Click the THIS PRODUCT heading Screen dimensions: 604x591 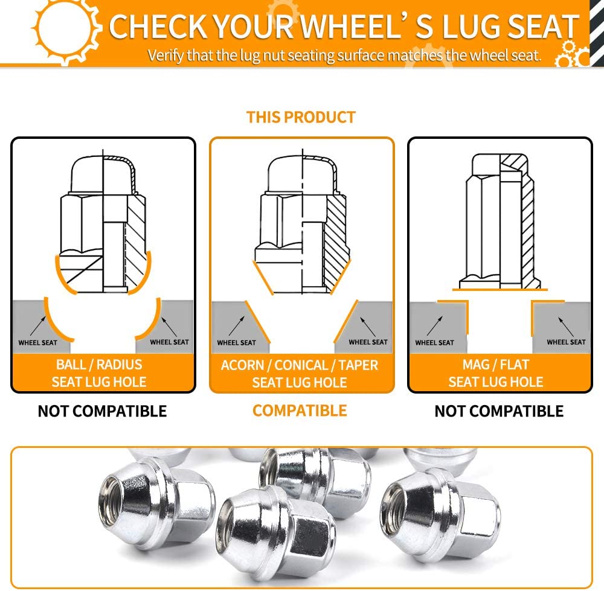coord(301,117)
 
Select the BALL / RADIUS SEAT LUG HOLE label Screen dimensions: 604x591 coord(99,373)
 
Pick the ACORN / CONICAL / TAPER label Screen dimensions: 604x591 coord(300,365)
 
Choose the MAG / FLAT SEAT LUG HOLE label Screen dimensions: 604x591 coord(496,373)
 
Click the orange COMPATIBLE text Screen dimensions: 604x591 coord(300,411)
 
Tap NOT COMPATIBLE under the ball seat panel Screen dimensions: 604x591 coord(102,411)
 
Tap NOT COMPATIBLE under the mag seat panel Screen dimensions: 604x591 coord(499,411)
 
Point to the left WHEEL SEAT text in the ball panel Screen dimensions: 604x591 coord(37,343)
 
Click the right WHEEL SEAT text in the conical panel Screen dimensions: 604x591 coord(368,342)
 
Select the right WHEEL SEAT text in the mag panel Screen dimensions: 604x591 coord(567,342)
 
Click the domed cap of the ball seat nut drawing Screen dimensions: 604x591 coord(103,174)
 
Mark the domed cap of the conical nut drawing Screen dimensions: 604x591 coord(303,173)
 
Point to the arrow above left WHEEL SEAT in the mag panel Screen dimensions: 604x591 coord(435,326)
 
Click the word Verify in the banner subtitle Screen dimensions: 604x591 coord(166,56)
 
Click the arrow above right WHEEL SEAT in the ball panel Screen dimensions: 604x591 coord(170,327)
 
